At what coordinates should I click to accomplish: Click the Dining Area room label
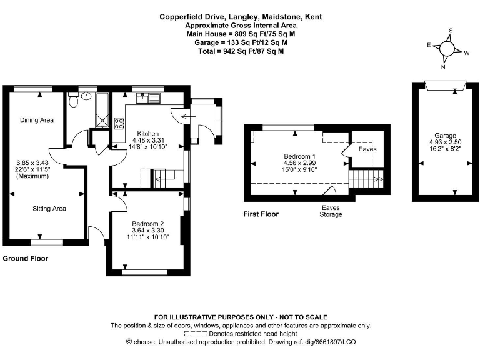[36, 120]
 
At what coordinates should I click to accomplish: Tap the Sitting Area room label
[49, 209]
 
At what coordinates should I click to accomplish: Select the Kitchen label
[148, 134]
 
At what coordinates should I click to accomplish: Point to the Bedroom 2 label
[148, 224]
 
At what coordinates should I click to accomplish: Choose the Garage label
[446, 136]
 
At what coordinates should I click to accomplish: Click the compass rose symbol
[447, 48]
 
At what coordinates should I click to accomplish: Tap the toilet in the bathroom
[72, 99]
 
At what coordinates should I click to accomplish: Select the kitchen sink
[150, 97]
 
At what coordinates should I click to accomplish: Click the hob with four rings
[118, 122]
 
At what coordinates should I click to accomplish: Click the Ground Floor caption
[26, 258]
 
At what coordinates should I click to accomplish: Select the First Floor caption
[261, 214]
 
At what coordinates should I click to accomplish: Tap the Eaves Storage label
[331, 211]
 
